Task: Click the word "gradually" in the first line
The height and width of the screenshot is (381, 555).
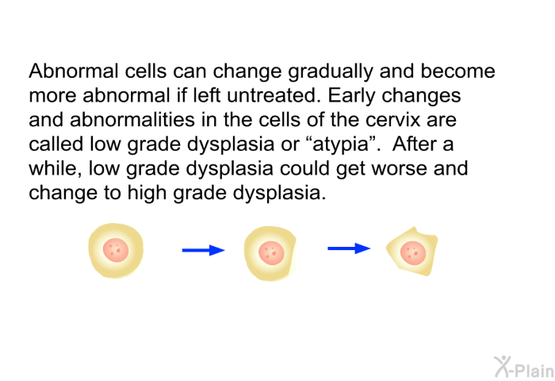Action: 331,72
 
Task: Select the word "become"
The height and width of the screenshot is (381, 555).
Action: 457,71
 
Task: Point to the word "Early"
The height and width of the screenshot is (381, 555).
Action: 351,97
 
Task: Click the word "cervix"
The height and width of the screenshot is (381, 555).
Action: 393,120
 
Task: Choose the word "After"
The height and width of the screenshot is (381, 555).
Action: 413,144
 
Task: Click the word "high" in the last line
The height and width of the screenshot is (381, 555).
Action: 147,194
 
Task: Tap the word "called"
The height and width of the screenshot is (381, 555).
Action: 56,144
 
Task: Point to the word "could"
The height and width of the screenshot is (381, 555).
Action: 304,168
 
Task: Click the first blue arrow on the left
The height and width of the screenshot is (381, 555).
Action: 203,250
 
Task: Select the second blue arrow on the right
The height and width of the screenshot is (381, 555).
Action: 349,248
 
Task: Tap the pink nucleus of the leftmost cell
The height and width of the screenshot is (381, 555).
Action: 116,250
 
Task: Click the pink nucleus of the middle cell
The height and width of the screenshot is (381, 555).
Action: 271,253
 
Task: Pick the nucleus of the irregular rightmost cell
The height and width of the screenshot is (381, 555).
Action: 413,253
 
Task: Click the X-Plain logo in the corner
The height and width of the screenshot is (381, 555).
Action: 524,367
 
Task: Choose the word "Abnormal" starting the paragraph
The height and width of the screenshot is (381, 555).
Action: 74,71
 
